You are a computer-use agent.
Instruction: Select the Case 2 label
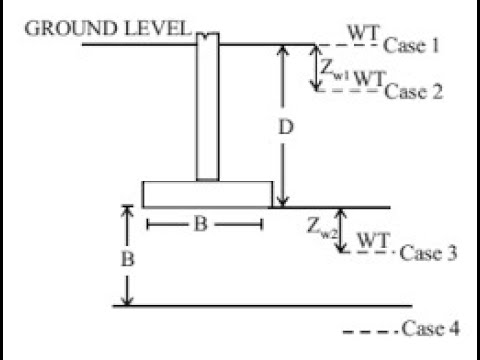pos(412,92)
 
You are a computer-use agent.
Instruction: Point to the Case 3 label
pos(428,253)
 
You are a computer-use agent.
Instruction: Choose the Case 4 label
pos(429,329)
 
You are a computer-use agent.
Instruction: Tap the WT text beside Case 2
pos(369,78)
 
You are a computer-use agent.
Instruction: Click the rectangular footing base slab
pos(207,193)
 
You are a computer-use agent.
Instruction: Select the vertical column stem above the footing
pos(207,110)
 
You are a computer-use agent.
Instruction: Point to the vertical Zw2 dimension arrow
pos(342,230)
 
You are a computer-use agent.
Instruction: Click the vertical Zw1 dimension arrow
pos(319,68)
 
